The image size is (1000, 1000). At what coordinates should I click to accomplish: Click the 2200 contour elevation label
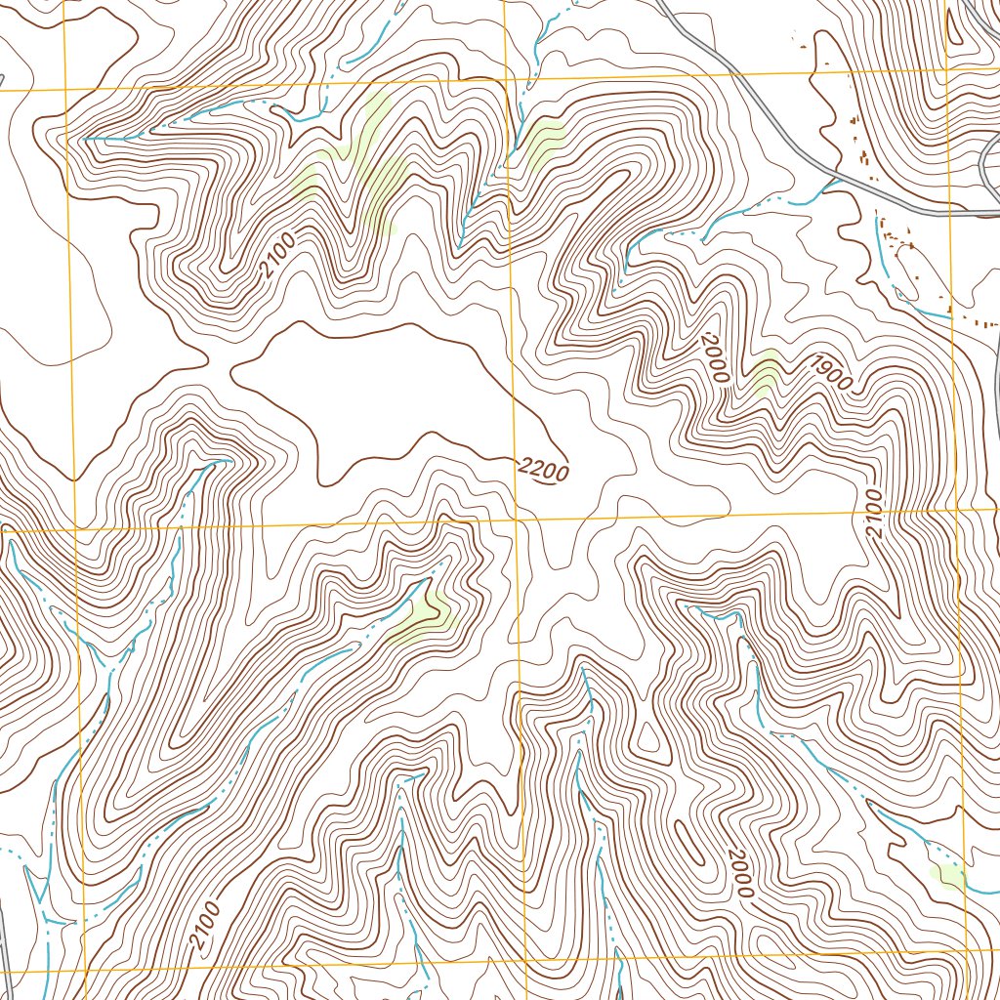pyautogui.click(x=543, y=472)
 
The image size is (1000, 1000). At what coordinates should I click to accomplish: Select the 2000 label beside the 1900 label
pyautogui.click(x=715, y=356)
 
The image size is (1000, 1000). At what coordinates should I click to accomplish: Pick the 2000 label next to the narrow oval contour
pyautogui.click(x=740, y=872)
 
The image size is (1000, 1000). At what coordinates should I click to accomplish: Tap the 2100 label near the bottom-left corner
pyautogui.click(x=205, y=927)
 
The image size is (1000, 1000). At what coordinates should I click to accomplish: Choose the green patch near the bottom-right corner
pyautogui.click(x=947, y=876)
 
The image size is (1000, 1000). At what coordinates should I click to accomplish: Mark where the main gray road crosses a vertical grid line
pyautogui.click(x=947, y=211)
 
